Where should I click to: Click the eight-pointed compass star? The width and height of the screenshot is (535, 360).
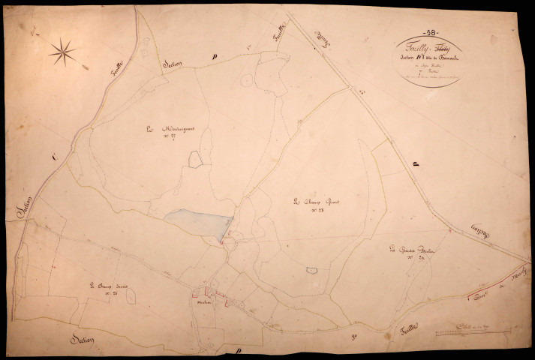click(62, 51)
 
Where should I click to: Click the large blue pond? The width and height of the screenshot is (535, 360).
click(197, 222)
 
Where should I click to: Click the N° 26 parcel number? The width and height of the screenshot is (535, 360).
click(110, 293)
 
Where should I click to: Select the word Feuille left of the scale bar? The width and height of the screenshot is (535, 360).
click(389, 327)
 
